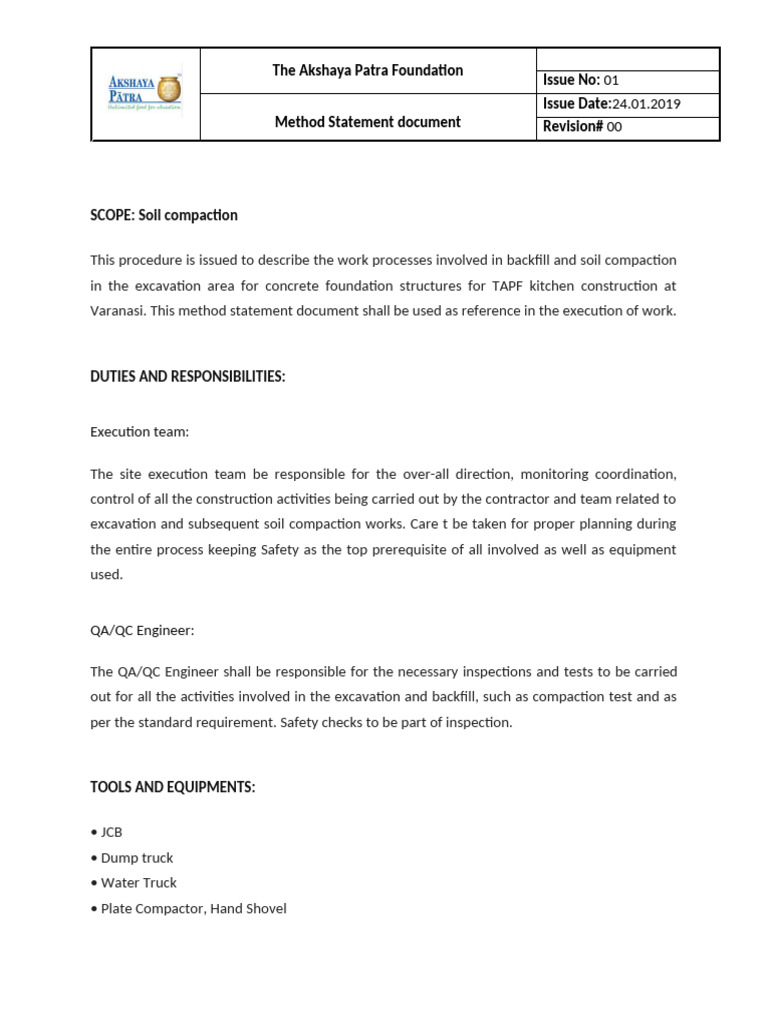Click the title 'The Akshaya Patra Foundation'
coord(368,70)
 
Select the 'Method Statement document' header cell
coord(368,122)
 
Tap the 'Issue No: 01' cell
coord(581,81)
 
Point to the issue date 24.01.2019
coord(645,104)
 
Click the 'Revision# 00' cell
coord(582,127)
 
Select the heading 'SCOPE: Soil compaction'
coord(164,215)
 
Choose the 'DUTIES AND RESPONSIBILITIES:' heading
coord(188,377)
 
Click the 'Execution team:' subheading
coord(139,432)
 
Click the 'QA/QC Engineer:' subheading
coord(142,630)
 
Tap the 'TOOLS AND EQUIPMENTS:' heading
coord(173,788)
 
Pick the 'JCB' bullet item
coord(111,832)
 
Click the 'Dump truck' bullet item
coord(136,858)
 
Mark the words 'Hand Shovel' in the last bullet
coord(248,909)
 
